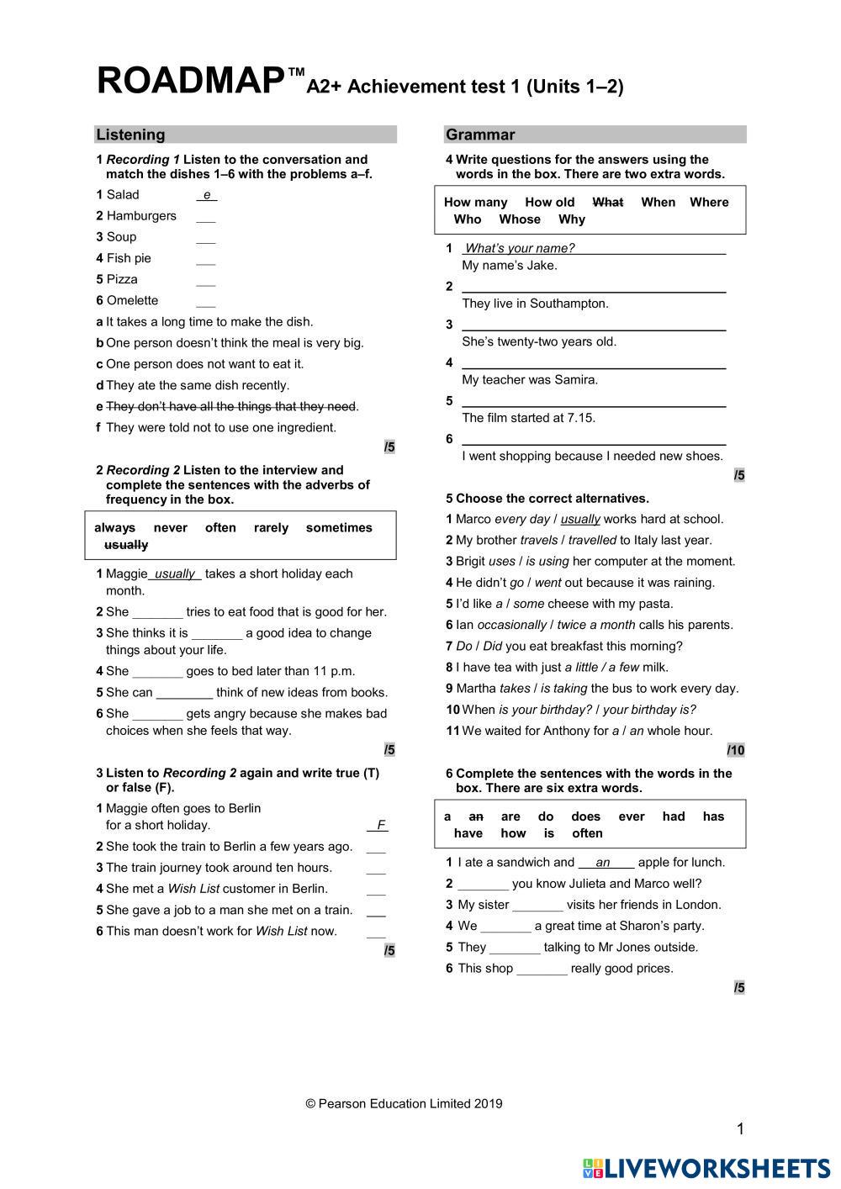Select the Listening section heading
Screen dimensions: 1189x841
coord(130,135)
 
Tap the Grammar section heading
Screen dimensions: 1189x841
coord(480,135)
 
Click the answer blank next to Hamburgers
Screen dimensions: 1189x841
coord(205,217)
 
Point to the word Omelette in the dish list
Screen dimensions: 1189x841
coord(132,300)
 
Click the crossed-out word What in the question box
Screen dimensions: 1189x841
coord(607,202)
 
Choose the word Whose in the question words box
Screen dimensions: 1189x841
coord(520,219)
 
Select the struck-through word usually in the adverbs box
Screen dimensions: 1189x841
coord(126,545)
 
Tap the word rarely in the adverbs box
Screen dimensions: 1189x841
coord(271,528)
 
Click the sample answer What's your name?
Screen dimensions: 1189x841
coord(520,248)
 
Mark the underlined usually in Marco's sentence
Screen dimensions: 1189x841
coord(580,520)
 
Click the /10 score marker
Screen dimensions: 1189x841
coord(736,750)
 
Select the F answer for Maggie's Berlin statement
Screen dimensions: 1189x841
coord(381,826)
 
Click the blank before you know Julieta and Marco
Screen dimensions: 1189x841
coord(483,885)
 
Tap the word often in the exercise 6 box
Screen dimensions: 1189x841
coord(587,833)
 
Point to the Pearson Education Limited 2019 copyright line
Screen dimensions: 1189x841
coord(404,1104)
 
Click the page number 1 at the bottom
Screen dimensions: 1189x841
coord(740,1129)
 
